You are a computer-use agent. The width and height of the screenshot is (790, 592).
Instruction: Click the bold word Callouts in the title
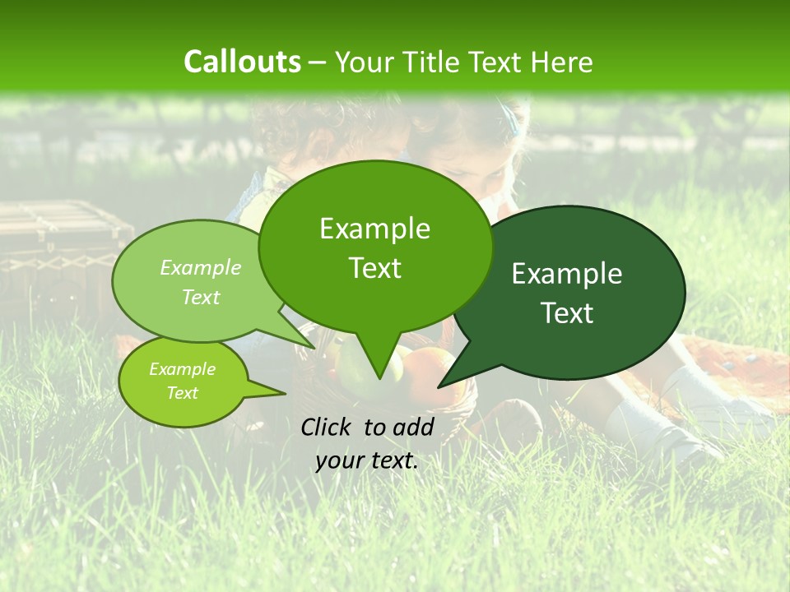(x=242, y=62)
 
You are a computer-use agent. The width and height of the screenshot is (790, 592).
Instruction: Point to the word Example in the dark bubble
(x=567, y=274)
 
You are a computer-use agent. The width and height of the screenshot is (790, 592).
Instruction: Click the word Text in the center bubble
(x=374, y=268)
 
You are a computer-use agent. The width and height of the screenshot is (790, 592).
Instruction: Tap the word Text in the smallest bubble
(x=183, y=393)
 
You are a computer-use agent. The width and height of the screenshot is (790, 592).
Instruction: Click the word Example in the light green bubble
(x=201, y=267)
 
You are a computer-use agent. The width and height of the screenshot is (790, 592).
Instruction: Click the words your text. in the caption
(x=367, y=460)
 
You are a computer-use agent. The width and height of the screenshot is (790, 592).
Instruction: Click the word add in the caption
(x=413, y=427)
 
